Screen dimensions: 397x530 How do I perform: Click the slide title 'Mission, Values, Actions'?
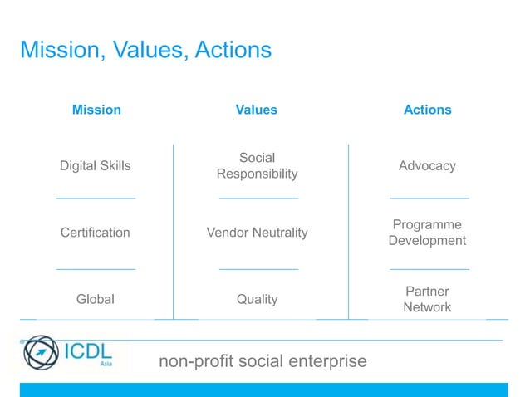click(145, 51)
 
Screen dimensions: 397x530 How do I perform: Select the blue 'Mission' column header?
click(96, 110)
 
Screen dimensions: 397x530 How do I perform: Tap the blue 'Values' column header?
click(257, 110)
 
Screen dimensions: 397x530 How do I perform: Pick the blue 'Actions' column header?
click(427, 110)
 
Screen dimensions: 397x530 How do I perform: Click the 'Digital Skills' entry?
click(95, 166)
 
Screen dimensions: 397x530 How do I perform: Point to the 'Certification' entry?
click(95, 233)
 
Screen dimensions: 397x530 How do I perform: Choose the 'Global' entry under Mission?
click(95, 299)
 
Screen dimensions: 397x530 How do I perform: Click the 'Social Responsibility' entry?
click(257, 166)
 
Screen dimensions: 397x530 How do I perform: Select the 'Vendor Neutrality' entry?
click(257, 233)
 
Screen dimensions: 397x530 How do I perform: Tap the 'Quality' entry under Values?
click(257, 299)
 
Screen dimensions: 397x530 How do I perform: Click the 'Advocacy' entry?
click(427, 166)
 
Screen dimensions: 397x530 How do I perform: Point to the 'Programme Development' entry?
click(427, 233)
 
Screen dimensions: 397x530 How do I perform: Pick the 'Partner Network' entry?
click(427, 299)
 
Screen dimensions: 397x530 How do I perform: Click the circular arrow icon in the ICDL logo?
click(41, 353)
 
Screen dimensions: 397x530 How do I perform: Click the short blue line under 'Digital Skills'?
click(95, 198)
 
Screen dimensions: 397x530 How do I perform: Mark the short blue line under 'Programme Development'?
click(429, 269)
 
